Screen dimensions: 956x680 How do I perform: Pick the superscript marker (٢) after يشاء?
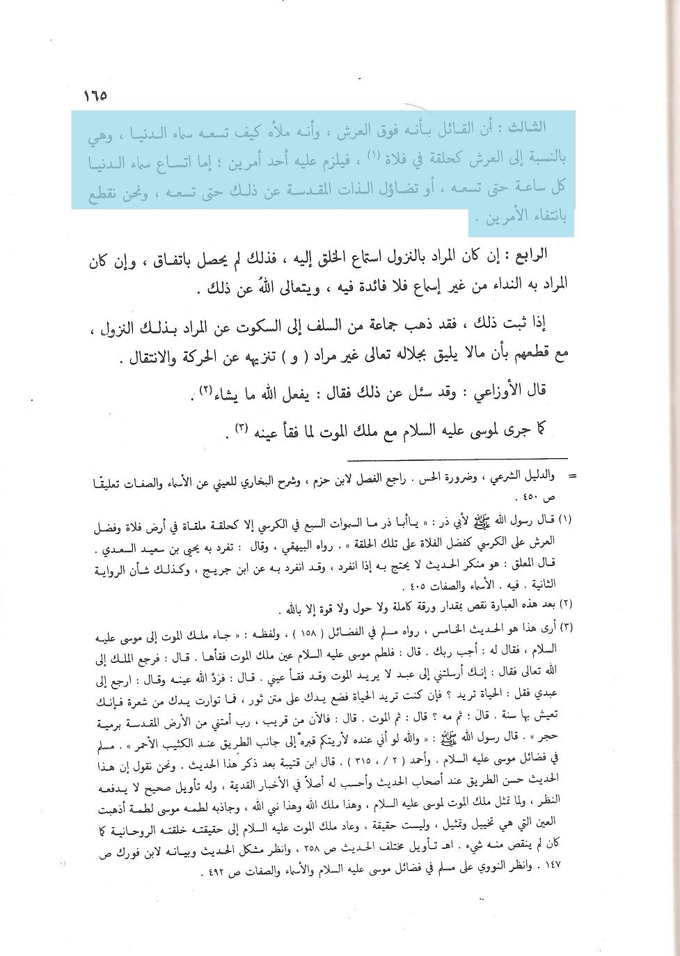pyautogui.click(x=206, y=387)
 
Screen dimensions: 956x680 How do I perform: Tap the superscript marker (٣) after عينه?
pyautogui.click(x=241, y=426)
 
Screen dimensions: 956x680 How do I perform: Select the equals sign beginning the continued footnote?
pyautogui.click(x=572, y=476)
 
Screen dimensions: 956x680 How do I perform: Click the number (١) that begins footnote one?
pyautogui.click(x=565, y=519)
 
